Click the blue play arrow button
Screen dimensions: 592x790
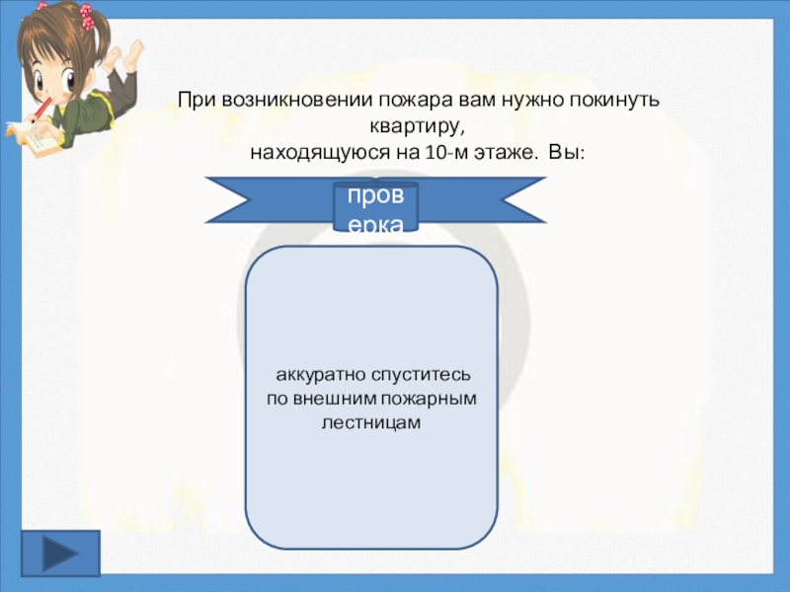coord(60,553)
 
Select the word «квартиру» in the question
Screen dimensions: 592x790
coord(413,127)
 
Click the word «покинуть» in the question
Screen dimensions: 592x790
coord(623,101)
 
